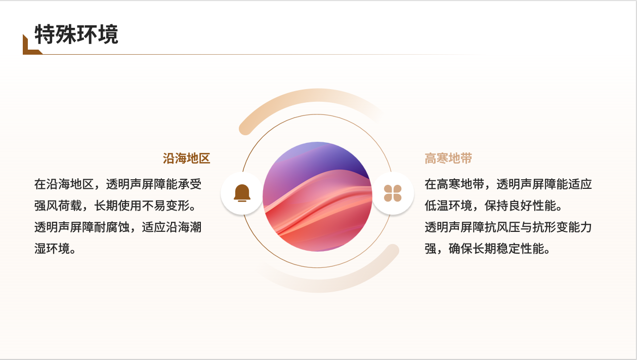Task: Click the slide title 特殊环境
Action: (76, 34)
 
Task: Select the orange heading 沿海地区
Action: (186, 158)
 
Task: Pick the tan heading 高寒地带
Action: (448, 158)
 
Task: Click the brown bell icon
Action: (242, 193)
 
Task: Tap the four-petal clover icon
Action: (393, 193)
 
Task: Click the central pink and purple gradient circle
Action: (317, 196)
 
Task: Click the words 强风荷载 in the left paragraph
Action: (58, 206)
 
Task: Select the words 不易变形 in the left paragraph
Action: (166, 206)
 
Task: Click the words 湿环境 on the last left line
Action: (52, 249)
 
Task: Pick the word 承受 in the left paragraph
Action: (190, 184)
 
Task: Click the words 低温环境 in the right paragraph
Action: (448, 206)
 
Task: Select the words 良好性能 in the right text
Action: (532, 206)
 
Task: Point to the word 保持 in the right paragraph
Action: (496, 206)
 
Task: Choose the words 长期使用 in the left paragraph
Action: (118, 206)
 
